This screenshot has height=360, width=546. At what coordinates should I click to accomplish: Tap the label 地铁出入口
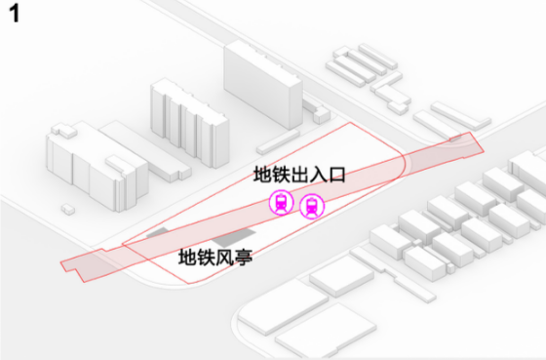[300, 177]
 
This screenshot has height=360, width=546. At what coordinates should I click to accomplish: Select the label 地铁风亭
[215, 260]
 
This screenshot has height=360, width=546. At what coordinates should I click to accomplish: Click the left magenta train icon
[281, 203]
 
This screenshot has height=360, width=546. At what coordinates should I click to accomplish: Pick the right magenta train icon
[312, 206]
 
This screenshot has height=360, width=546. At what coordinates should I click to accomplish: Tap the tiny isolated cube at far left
[66, 208]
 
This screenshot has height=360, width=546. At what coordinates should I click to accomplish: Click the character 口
[338, 177]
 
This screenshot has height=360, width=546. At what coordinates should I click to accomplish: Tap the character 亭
[244, 260]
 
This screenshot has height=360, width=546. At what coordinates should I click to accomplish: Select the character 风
[224, 260]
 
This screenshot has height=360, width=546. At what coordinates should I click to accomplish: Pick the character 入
[320, 177]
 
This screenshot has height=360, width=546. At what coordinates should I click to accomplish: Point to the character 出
[300, 177]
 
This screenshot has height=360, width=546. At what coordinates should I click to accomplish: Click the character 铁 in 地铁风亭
[206, 260]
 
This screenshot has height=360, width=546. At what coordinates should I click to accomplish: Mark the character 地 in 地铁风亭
[187, 260]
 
